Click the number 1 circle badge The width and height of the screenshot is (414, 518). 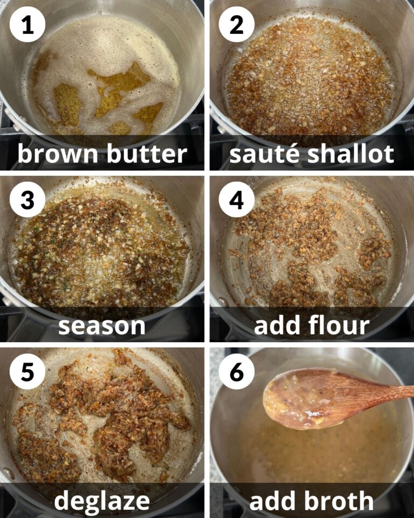[27, 25]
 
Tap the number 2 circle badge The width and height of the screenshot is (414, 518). [236, 25]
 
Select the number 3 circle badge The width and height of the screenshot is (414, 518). [27, 200]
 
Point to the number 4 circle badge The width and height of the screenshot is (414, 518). [236, 200]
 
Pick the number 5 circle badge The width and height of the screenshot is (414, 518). [27, 372]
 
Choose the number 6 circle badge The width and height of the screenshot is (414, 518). [236, 372]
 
